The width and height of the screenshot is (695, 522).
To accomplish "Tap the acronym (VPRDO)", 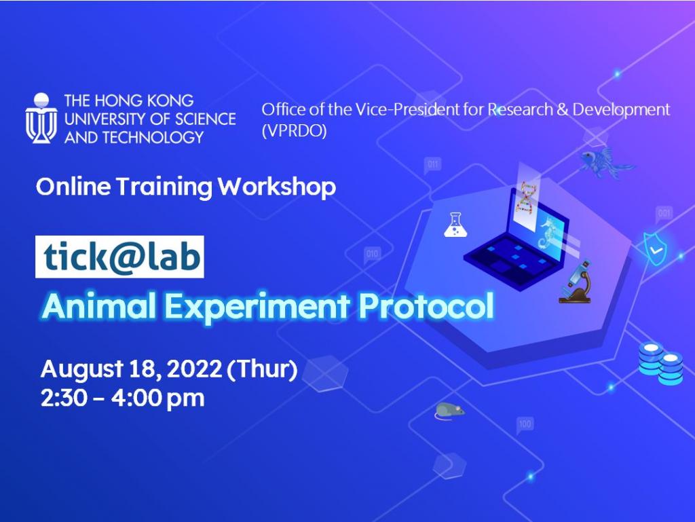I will coord(294,131).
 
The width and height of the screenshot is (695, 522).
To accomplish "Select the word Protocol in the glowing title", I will coord(426,307).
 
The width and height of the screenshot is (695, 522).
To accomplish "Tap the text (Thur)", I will coord(262,370).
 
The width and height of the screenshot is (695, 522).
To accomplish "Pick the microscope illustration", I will coord(575,282).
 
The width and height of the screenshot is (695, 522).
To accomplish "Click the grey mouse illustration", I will coord(449,409).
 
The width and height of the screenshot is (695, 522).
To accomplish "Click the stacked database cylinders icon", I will coord(660,363).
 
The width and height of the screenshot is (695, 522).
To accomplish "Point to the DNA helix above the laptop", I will coord(525,197).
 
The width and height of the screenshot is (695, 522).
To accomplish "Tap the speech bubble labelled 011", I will coord(432,165).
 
